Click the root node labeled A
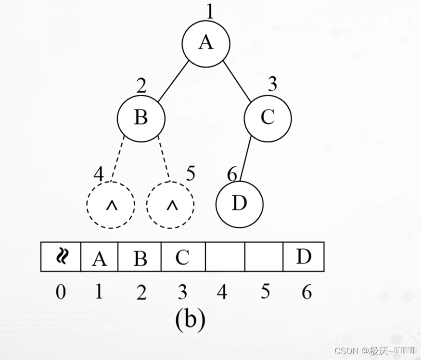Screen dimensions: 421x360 pyautogui.click(x=205, y=43)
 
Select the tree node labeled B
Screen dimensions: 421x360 pyautogui.click(x=141, y=118)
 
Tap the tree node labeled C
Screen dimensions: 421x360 pyautogui.click(x=268, y=118)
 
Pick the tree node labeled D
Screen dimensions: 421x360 pyautogui.click(x=239, y=204)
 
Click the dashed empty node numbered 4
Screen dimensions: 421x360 pyautogui.click(x=111, y=205)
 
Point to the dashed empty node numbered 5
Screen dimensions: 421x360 pyautogui.click(x=170, y=205)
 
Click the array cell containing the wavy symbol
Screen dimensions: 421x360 pyautogui.click(x=60, y=257)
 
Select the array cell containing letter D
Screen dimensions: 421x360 pyautogui.click(x=303, y=257)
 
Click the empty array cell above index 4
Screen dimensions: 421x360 pyautogui.click(x=225, y=257)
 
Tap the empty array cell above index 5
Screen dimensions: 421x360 pyautogui.click(x=264, y=257)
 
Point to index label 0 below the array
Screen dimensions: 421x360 pyautogui.click(x=60, y=292)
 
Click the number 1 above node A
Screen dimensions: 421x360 pyautogui.click(x=209, y=11)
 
